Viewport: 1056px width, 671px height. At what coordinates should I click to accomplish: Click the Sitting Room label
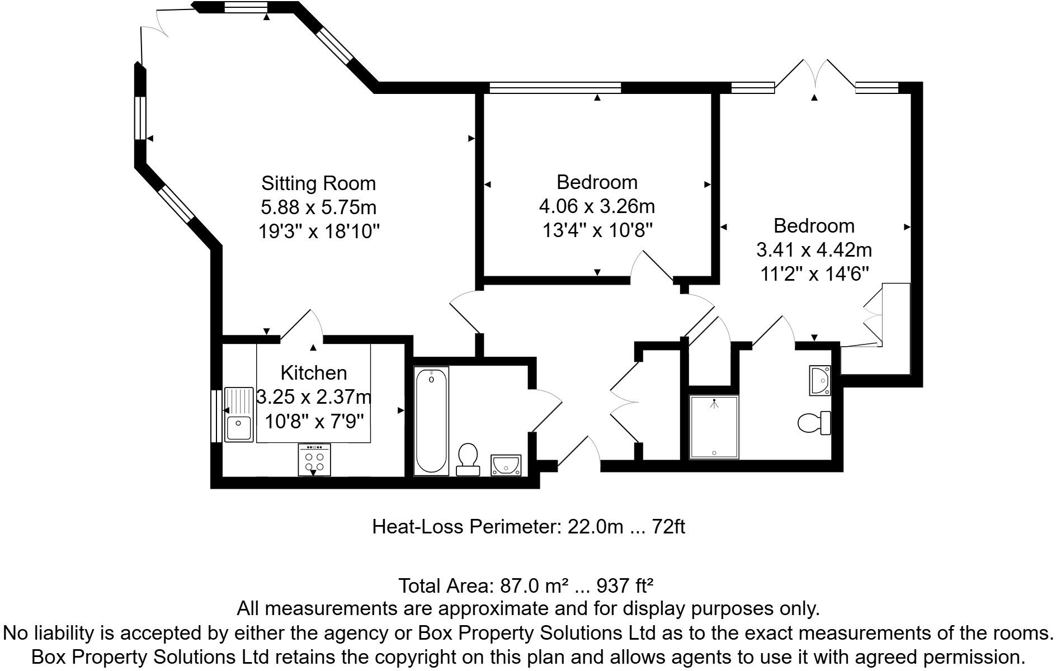(318, 183)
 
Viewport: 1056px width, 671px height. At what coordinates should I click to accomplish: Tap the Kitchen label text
(313, 372)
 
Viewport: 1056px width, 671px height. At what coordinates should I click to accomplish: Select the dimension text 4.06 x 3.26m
(597, 206)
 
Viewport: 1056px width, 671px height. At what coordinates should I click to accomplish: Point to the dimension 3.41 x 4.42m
(814, 249)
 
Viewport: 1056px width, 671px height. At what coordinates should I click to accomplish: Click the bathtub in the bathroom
(431, 421)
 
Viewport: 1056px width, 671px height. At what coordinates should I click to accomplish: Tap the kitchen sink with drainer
(239, 414)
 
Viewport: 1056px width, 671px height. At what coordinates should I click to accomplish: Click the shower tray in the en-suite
(714, 427)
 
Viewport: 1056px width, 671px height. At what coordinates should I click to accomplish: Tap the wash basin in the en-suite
(820, 380)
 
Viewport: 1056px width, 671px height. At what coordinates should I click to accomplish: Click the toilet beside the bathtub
(468, 459)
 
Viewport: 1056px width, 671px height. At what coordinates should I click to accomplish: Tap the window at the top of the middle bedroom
(555, 87)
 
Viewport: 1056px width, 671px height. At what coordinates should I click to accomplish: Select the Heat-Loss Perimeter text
(528, 527)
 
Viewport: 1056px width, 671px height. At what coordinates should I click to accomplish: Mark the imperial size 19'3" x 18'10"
(318, 231)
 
